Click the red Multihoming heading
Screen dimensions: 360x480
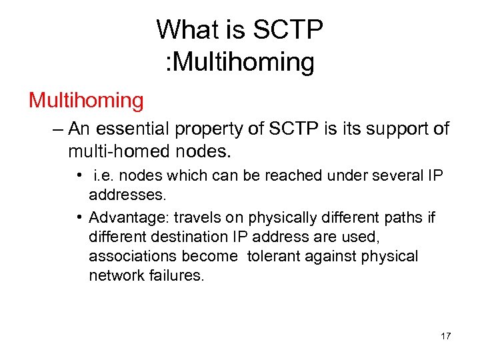pos(86,101)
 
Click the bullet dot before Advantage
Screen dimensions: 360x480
pos(79,217)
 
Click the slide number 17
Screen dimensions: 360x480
pos(446,336)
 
